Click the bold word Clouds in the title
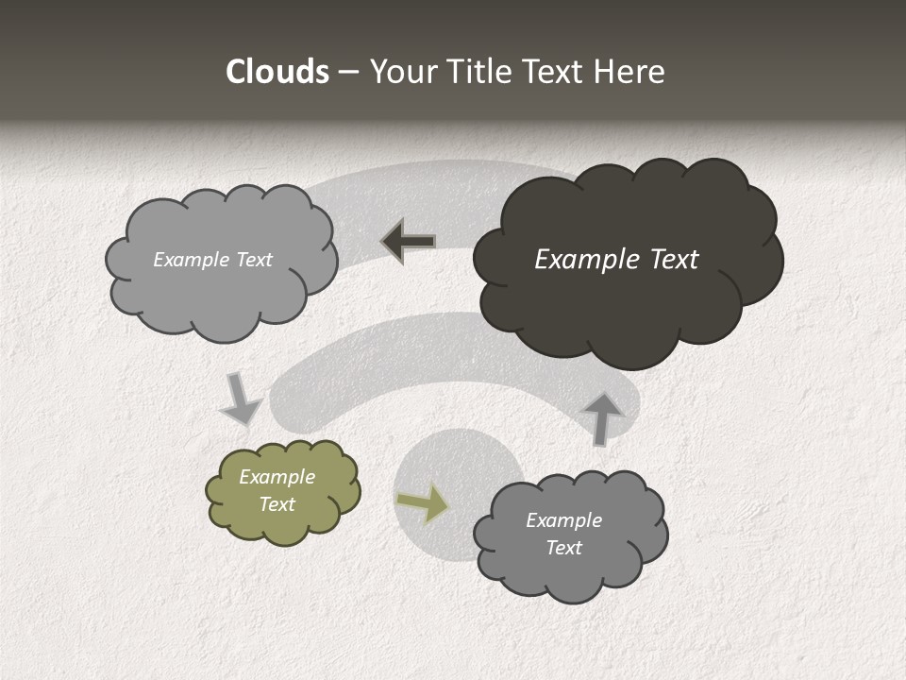[277, 72]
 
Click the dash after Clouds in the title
[347, 73]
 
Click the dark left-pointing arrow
[409, 242]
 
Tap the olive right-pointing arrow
[424, 502]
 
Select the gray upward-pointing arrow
[603, 417]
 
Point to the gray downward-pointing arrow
[241, 399]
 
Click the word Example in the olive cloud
[277, 477]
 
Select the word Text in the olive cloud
[277, 504]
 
